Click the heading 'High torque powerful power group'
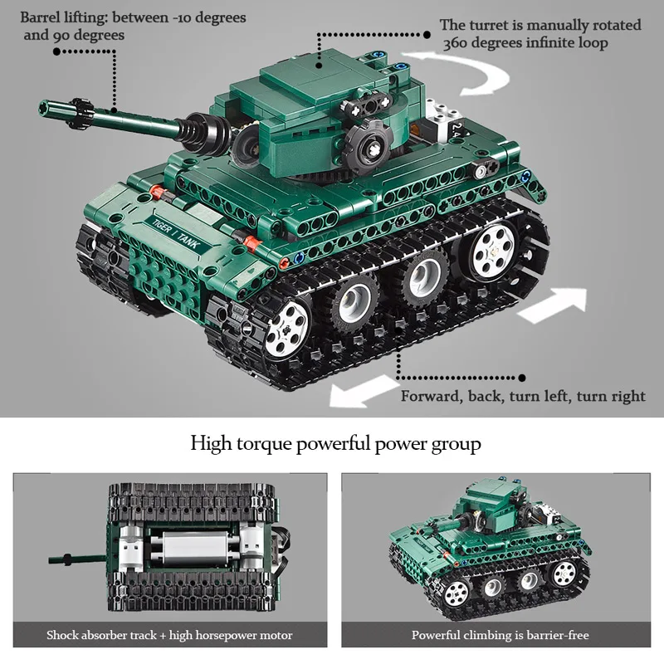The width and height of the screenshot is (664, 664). click(x=335, y=443)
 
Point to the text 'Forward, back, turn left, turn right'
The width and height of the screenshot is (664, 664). click(x=523, y=396)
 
